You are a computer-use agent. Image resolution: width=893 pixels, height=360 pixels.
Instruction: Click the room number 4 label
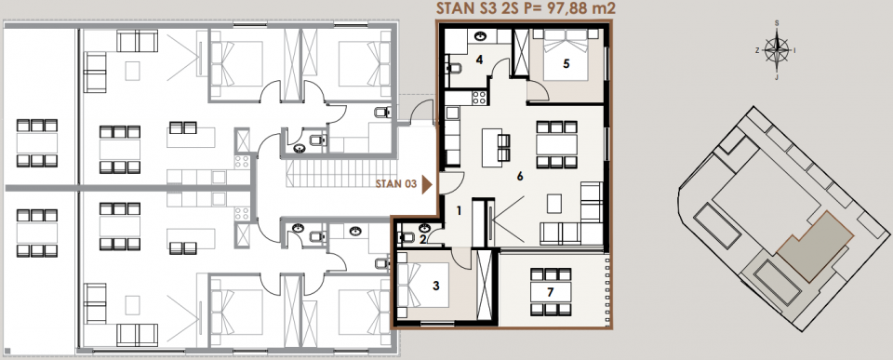click(x=480, y=59)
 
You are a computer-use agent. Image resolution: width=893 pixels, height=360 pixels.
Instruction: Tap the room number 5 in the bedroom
click(x=566, y=63)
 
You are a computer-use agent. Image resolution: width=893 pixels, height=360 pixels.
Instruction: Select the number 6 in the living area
click(x=520, y=177)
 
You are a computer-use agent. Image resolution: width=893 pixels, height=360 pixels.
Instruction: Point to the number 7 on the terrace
click(x=550, y=293)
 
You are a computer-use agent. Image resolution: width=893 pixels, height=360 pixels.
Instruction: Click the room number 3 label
click(x=436, y=286)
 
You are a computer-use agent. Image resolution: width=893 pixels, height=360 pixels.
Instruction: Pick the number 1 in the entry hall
click(x=459, y=211)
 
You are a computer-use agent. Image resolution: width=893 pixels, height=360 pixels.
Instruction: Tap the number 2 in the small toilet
click(x=422, y=240)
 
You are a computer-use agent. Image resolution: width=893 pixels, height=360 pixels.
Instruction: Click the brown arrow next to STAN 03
click(x=427, y=184)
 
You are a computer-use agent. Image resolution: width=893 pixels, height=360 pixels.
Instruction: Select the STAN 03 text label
click(x=397, y=184)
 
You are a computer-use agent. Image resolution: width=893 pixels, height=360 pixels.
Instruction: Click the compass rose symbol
click(x=776, y=50)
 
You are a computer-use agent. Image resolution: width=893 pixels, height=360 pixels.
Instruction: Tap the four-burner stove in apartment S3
click(x=479, y=98)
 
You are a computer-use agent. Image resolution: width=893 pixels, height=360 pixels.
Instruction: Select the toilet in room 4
click(x=455, y=69)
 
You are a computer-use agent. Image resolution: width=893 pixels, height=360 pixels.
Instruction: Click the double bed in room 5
click(x=566, y=55)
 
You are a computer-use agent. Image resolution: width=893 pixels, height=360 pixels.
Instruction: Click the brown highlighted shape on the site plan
click(x=815, y=246)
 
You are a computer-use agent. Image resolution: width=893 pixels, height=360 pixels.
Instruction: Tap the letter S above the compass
click(x=776, y=22)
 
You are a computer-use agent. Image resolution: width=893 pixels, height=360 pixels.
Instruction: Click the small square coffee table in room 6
click(x=554, y=202)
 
